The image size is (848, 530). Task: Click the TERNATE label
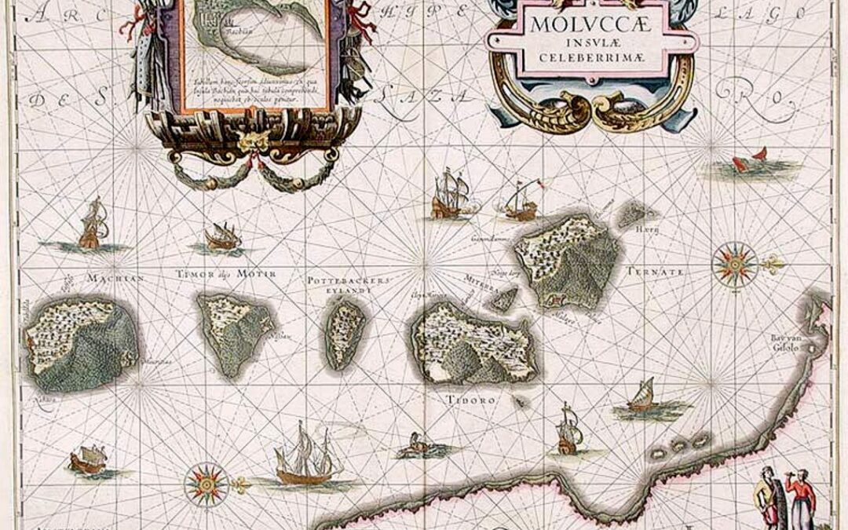(655, 272)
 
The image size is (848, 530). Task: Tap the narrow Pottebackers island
(346, 333)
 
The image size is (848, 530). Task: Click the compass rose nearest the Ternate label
(735, 265)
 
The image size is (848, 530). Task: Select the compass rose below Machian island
(207, 484)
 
